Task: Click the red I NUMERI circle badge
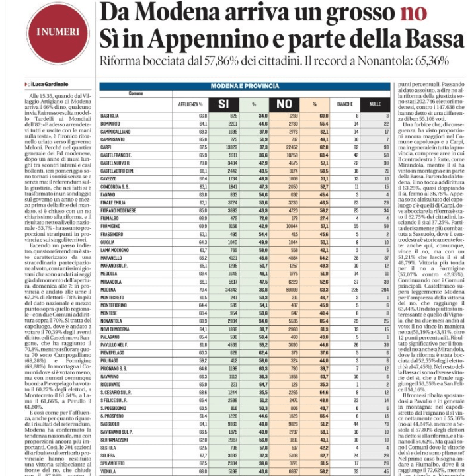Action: [x=49, y=32]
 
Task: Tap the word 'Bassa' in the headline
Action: [x=430, y=37]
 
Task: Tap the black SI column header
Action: [x=223, y=104]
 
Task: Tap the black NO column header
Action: [x=284, y=104]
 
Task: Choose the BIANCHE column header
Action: [x=345, y=104]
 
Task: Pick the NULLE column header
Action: [x=376, y=104]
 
